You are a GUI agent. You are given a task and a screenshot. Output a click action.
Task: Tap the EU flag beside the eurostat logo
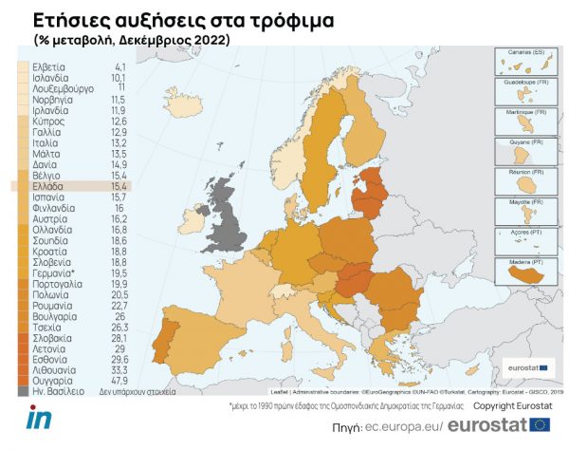pyautogui.click(x=541, y=424)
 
